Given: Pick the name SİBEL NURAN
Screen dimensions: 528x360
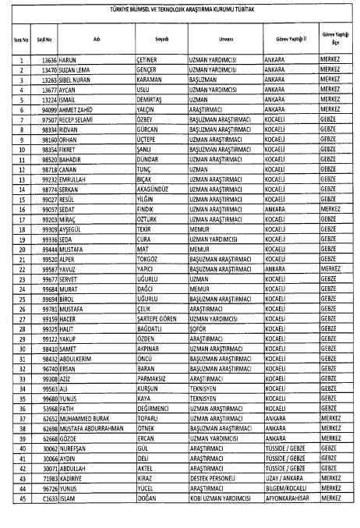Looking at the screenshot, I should [x=79, y=80].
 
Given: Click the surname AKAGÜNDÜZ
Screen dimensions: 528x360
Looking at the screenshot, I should [x=155, y=190].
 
